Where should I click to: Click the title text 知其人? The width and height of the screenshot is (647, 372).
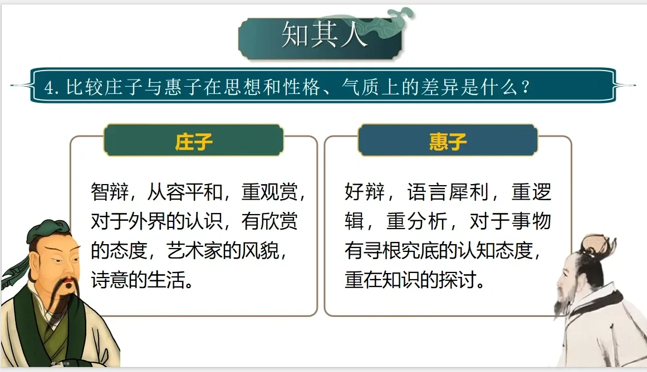324,34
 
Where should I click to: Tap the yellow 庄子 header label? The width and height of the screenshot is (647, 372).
194,142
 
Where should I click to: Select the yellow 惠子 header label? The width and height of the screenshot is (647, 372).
448,142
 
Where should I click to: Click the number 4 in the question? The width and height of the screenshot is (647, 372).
49,88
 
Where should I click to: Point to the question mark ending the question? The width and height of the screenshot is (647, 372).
525,87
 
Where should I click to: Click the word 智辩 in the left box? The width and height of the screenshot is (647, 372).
110,192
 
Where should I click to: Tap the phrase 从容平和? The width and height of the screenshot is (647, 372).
185,192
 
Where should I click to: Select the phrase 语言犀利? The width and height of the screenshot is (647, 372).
448,192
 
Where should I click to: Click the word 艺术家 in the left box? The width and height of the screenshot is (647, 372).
195,250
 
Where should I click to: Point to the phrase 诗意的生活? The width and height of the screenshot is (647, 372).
138,280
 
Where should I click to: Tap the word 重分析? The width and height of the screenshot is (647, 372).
416,221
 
